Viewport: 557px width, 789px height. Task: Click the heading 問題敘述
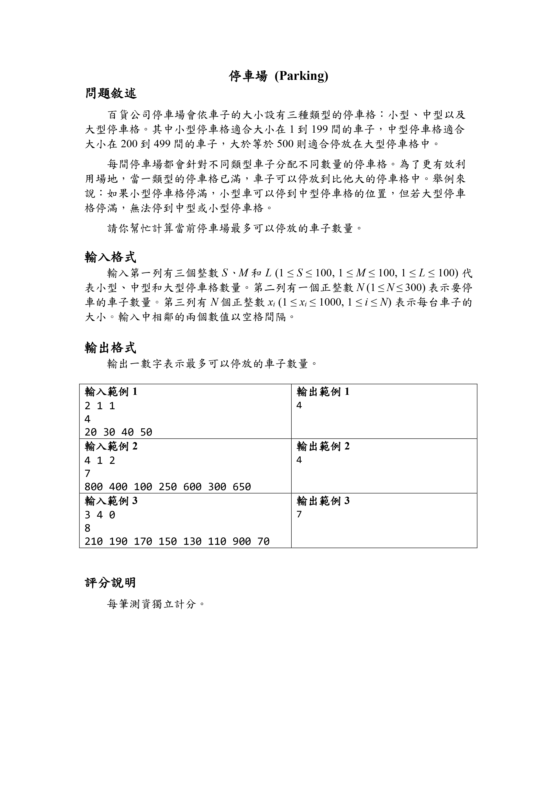pos(111,93)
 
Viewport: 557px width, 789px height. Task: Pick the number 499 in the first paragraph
pos(162,144)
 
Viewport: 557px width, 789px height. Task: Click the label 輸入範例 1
pos(111,391)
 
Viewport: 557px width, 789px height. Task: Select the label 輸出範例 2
pos(323,446)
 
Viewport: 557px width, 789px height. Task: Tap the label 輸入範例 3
pos(111,501)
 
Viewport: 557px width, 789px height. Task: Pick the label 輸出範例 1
pos(323,391)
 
